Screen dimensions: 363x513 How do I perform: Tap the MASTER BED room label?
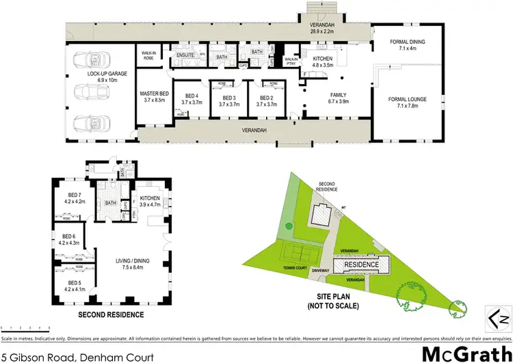(155, 94)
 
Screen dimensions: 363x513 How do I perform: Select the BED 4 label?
(191, 96)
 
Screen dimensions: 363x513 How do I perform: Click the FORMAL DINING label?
(407, 42)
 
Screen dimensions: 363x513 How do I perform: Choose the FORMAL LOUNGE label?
(408, 100)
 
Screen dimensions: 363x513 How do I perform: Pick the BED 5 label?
(72, 282)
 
